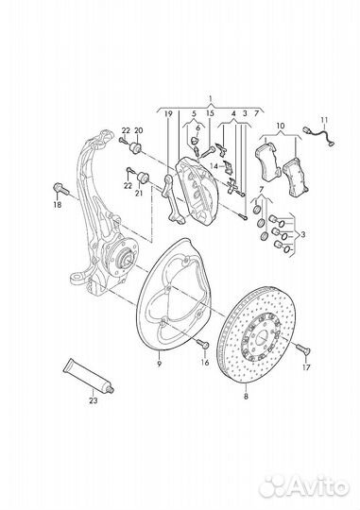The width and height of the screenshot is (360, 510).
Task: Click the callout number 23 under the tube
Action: coord(94,400)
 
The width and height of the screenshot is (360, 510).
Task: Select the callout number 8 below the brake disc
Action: coord(246,397)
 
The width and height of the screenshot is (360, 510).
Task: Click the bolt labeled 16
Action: coord(203,344)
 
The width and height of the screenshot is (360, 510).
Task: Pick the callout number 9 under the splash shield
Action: coord(159,364)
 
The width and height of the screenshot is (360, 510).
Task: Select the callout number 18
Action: coord(58,205)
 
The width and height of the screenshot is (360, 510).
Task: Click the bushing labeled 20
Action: coord(135,148)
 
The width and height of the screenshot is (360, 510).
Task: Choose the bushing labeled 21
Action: coord(143,178)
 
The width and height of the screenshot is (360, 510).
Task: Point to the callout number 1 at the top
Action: coord(211,98)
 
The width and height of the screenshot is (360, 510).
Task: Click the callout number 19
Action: coord(168,113)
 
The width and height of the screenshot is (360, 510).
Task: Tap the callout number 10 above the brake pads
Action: coord(281,126)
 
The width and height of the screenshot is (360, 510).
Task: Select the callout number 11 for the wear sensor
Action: coord(324,120)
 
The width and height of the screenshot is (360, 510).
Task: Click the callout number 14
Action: coord(214,166)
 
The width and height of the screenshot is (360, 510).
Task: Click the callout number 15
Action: coord(211,113)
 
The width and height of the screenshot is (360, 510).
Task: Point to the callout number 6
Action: coord(197,127)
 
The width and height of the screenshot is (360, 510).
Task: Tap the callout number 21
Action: coord(139,194)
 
